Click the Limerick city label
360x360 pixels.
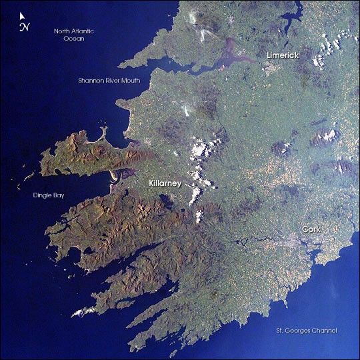point(282,54)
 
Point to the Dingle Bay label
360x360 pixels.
point(47,196)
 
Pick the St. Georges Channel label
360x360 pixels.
point(307,331)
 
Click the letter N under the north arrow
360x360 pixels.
point(25,27)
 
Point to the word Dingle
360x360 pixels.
point(41,196)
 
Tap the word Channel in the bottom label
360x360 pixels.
point(325,331)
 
